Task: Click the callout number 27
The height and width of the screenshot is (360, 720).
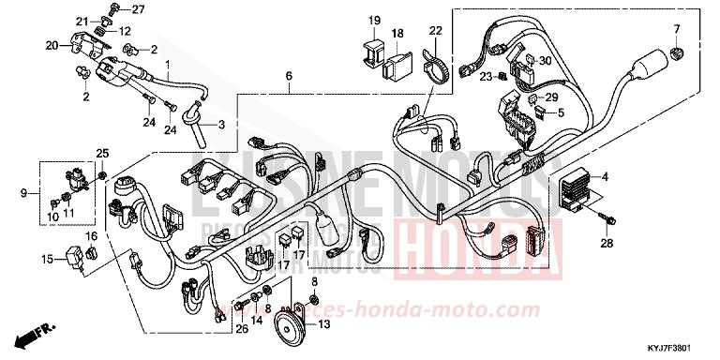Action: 139,9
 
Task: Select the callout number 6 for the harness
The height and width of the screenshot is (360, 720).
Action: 289,75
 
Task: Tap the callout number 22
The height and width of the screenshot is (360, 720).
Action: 435,30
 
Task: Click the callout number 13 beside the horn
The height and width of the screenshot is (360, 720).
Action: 323,325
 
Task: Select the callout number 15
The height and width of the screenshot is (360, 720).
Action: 46,258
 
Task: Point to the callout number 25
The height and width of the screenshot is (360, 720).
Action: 103,153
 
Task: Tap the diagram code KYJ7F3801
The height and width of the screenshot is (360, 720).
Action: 680,349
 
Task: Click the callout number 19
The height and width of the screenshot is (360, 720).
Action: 374,20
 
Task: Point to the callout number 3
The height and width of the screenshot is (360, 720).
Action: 222,125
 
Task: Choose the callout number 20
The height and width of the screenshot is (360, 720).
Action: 51,44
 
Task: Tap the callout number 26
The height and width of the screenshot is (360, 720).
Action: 242,328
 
